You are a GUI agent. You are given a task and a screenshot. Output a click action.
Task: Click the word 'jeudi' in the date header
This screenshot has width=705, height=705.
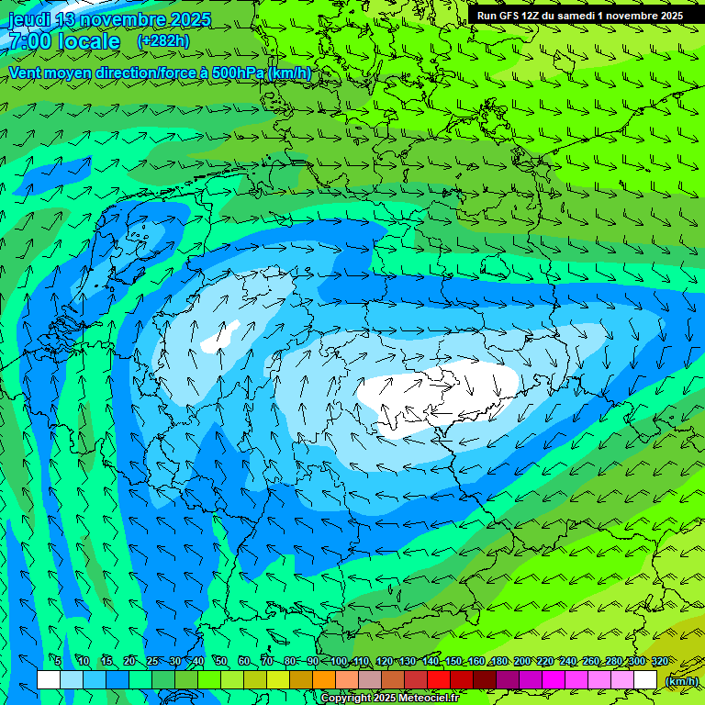29,19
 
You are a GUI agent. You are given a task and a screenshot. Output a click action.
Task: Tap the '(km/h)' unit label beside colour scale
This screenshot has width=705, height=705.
681,680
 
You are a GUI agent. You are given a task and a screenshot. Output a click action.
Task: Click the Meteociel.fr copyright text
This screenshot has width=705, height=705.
389,698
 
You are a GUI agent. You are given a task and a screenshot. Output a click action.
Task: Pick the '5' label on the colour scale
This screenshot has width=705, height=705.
58,661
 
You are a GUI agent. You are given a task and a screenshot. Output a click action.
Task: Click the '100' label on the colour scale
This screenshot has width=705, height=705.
339,661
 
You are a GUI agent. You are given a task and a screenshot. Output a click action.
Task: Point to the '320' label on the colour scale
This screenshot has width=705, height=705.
659,661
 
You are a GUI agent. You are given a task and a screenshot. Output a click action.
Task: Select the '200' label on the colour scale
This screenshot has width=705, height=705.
522,661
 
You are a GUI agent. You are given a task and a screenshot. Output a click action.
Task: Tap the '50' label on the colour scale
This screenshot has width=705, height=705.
221,661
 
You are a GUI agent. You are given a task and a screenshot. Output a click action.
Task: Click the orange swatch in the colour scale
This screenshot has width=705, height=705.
324,679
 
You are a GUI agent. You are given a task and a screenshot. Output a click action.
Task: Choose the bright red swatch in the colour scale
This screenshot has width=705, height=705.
439,679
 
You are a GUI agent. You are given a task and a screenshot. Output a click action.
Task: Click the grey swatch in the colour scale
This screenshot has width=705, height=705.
370,679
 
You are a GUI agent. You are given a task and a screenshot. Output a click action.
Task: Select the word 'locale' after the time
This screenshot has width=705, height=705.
87,41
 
